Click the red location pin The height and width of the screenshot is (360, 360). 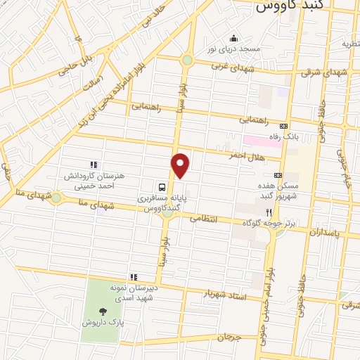tap(181, 165)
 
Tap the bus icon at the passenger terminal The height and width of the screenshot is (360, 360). tap(162, 187)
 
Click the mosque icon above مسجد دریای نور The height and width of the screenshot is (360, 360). tap(233, 38)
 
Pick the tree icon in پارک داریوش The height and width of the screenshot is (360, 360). tap(104, 310)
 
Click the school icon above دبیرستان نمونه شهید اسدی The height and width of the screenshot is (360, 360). tap(133, 276)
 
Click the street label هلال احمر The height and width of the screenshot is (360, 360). tap(244, 155)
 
